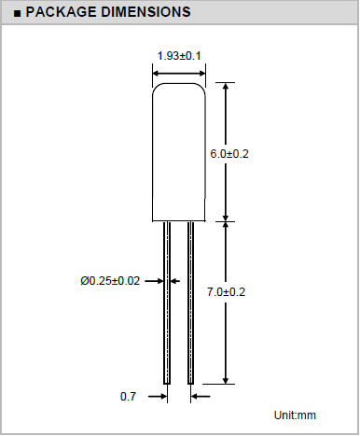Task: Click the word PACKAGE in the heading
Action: tap(61, 12)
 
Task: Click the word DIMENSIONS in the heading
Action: tap(145, 12)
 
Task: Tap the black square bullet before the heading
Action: tap(18, 13)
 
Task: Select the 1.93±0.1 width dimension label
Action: tap(179, 56)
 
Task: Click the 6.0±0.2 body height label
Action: tap(229, 154)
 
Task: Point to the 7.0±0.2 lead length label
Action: tap(226, 292)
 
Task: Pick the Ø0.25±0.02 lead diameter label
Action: tap(110, 281)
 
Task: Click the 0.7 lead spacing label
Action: tap(128, 397)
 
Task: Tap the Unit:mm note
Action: tap(295, 415)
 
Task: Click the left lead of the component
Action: tap(167, 302)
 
